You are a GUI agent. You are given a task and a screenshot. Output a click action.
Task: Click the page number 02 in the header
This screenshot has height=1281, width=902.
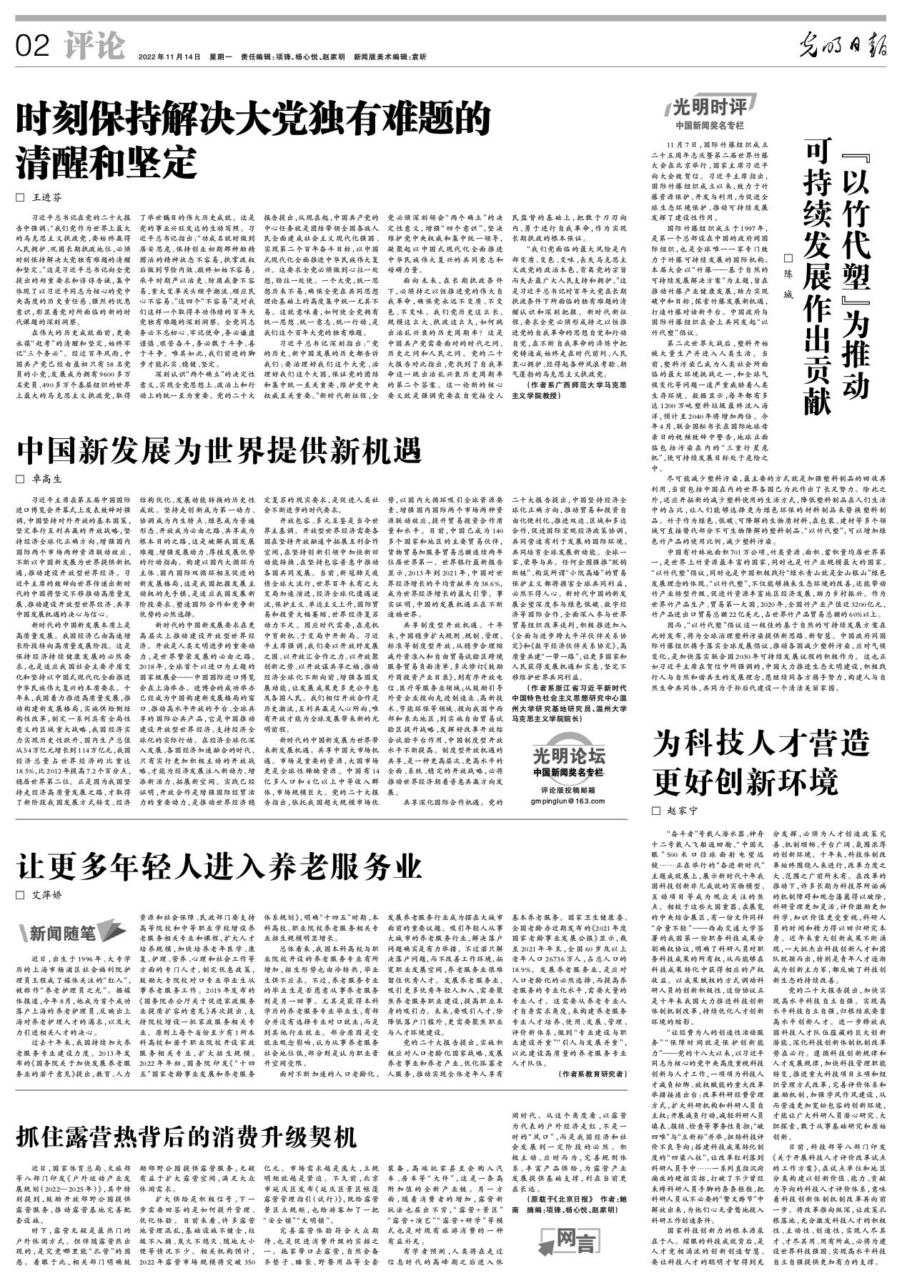[x=31, y=48]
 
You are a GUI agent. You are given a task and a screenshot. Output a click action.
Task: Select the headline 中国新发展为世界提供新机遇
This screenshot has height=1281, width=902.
[x=220, y=452]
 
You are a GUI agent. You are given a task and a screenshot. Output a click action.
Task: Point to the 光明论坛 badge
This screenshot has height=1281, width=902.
[x=569, y=756]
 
